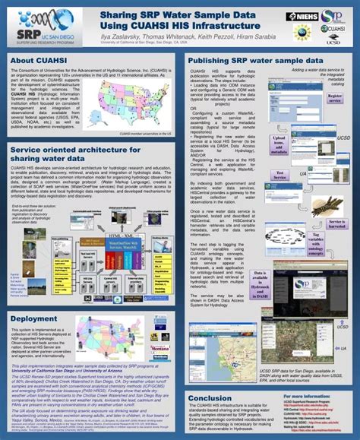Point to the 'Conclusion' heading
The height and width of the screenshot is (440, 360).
coord(210,398)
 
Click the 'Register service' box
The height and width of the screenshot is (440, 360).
coord(333,98)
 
